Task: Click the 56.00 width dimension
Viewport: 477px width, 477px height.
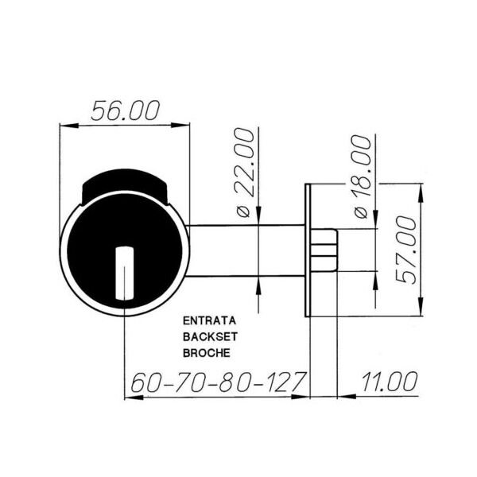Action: click(126, 110)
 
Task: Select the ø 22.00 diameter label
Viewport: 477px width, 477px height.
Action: click(244, 173)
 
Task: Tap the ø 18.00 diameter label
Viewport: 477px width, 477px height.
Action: click(362, 176)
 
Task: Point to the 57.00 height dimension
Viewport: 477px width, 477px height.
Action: click(406, 250)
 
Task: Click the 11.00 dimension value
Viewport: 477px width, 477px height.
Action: click(390, 382)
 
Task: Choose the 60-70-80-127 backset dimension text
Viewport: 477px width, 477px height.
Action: click(218, 382)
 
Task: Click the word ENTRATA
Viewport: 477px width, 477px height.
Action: click(209, 320)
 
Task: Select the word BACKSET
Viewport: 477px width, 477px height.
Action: click(210, 336)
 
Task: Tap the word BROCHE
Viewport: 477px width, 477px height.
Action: click(206, 352)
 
